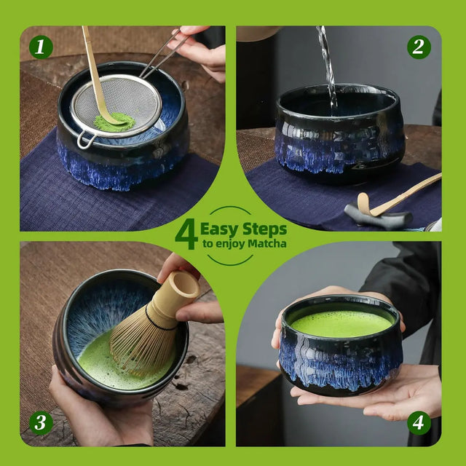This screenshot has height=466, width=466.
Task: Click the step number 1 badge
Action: click(42, 47)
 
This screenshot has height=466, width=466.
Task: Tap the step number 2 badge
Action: click(419, 47)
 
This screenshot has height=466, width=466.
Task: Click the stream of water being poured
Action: click(326, 66)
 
